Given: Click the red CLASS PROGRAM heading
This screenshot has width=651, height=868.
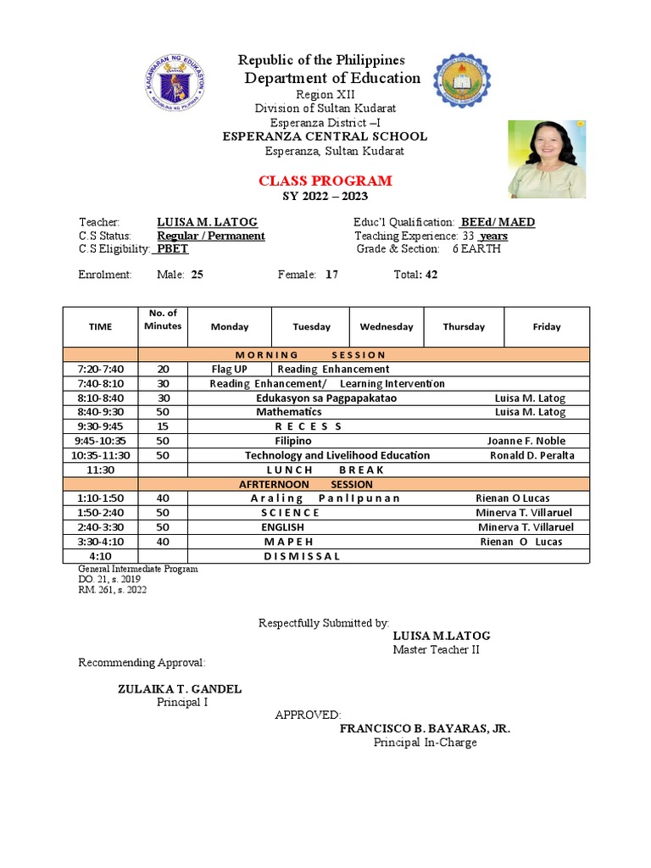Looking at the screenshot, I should coord(325,181).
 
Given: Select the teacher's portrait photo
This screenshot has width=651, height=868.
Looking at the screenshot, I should coord(546,159).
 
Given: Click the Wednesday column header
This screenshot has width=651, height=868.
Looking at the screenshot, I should coord(387,326).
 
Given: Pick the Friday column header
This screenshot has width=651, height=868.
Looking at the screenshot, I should coord(547,326).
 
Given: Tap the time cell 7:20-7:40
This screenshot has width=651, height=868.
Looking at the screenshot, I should coord(100,369).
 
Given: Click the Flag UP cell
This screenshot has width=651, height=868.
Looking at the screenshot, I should coord(229,369).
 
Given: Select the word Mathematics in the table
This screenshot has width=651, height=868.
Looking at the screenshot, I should coord(289,412).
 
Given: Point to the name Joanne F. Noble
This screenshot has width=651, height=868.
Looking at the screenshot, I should coord(526,441).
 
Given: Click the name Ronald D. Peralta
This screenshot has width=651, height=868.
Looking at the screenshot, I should coord(531,455).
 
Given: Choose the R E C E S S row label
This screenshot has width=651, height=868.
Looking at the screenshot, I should coord(308,426).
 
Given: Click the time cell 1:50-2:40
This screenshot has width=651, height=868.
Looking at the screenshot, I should coord(100,513).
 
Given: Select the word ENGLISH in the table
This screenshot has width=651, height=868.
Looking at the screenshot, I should coord(282,527).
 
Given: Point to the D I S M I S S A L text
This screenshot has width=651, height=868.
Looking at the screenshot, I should coord(302,556).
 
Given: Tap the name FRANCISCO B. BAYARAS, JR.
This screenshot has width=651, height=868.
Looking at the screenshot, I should coord(425,728).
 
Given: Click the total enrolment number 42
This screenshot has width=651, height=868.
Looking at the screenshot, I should coord(431,275).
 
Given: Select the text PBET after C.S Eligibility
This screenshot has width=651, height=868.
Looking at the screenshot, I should coord(174,249).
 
